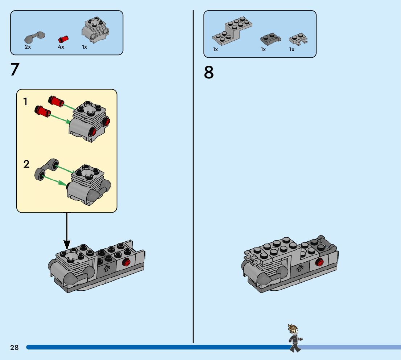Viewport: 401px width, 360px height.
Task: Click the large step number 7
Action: [x=15, y=69]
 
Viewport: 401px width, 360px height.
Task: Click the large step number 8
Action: [x=209, y=72]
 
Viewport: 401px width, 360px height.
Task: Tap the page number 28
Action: [x=15, y=347]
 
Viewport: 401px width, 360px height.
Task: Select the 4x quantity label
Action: [x=61, y=47]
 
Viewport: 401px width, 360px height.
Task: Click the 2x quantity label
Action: [x=28, y=47]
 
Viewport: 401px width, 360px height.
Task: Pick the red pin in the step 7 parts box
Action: [x=63, y=39]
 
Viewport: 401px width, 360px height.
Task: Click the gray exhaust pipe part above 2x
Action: [x=34, y=37]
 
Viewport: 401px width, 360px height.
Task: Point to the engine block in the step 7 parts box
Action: [x=95, y=30]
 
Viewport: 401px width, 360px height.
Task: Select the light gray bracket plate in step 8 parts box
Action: [x=232, y=31]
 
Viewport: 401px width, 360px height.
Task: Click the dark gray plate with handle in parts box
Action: [x=270, y=38]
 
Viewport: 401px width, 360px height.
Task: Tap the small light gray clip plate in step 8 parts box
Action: [x=298, y=39]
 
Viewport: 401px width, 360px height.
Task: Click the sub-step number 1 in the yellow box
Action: [x=25, y=102]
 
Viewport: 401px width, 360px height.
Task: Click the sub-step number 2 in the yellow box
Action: [x=26, y=164]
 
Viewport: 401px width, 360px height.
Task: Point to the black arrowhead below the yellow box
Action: [x=67, y=245]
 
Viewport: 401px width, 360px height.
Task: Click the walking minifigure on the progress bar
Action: [x=295, y=338]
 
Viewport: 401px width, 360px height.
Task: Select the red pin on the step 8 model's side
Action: [x=319, y=262]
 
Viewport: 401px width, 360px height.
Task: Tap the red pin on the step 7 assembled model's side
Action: [x=126, y=262]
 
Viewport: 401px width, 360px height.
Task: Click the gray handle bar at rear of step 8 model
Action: [x=327, y=242]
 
